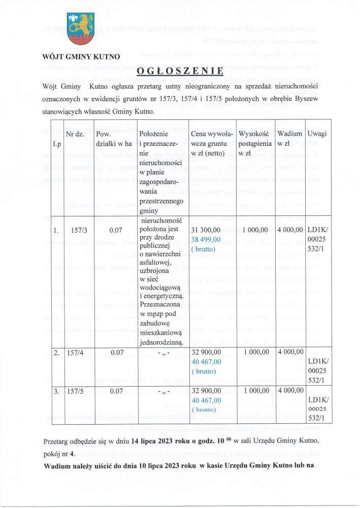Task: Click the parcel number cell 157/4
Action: coord(76,352)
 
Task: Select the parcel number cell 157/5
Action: coord(76,392)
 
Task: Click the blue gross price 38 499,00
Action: coord(206,240)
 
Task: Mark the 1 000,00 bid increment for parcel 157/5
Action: coord(255,392)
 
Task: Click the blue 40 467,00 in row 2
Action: coord(206,361)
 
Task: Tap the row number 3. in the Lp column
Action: coord(57,392)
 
